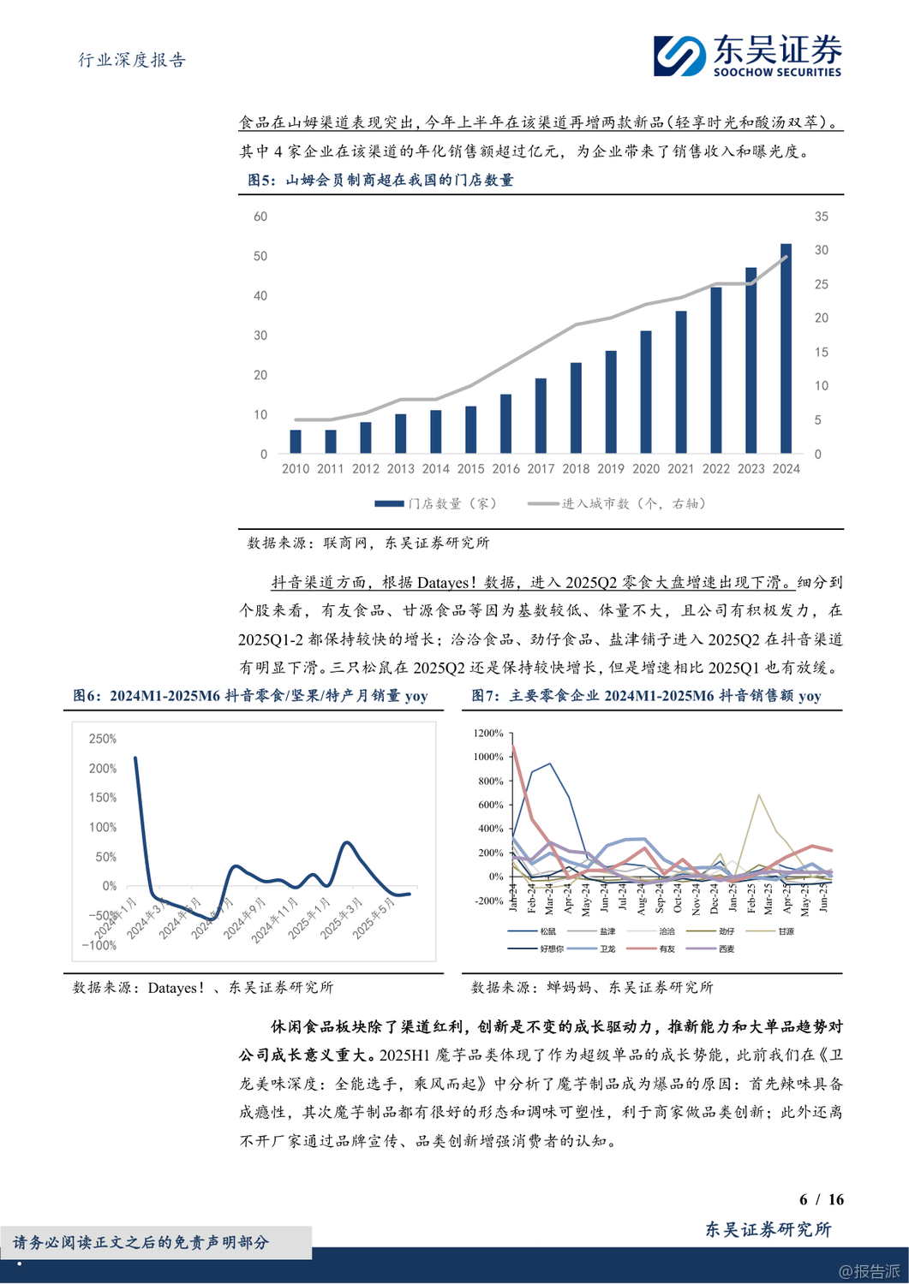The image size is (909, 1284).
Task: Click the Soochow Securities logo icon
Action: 679,56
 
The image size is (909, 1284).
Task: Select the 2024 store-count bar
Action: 786,348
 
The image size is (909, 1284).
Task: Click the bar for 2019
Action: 611,401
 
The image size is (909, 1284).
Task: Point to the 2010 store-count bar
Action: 296,441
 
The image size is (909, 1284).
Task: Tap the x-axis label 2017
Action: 541,469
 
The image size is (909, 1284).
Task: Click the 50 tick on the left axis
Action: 260,256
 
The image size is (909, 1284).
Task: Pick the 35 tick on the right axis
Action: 821,217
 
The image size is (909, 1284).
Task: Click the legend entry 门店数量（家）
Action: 436,503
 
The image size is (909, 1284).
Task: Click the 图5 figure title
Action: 380,180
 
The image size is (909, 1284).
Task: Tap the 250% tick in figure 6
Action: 103,739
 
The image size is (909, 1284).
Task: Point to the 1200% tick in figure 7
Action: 488,734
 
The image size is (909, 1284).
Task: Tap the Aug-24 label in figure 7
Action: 642,898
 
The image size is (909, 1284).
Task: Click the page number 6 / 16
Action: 821,1199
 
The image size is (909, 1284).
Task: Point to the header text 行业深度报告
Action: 132,60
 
